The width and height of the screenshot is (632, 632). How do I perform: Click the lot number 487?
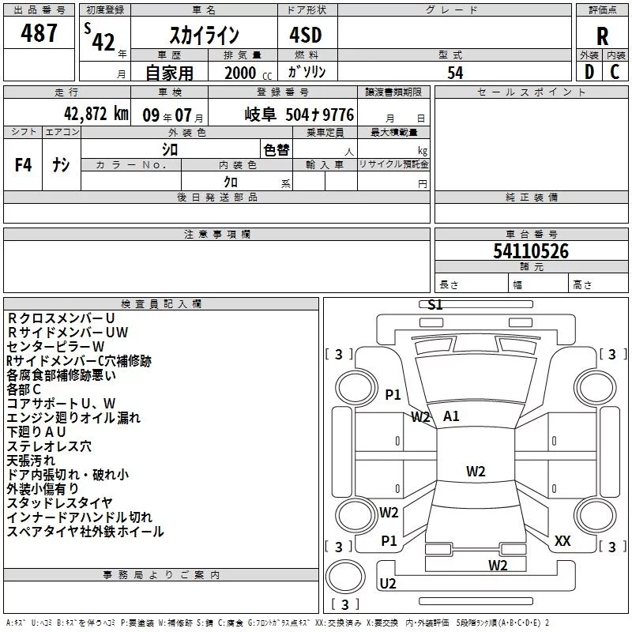point(39,32)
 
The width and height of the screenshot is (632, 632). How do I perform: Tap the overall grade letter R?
point(602,36)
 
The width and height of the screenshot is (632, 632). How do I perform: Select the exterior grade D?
point(589,72)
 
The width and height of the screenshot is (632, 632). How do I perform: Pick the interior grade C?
point(615,72)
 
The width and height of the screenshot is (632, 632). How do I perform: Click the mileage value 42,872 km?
point(96,114)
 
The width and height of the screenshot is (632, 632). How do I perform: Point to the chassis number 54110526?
point(531,251)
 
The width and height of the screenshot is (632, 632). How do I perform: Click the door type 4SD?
point(306,35)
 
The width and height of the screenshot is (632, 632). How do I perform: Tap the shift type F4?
point(23,164)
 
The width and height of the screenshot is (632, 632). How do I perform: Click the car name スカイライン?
point(205,35)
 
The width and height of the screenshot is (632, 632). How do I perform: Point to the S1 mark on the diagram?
point(435,305)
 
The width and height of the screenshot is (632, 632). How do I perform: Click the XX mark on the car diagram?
point(562,541)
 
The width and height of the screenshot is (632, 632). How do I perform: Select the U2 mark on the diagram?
point(388,583)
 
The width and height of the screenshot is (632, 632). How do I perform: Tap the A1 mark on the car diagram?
point(451,416)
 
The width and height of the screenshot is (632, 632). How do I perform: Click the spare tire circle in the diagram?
point(345,576)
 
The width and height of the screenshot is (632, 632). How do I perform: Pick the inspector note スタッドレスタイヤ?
point(59,503)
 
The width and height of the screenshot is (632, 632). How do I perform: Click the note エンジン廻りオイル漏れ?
point(73,418)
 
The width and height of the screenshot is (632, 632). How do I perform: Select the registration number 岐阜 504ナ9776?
point(299,115)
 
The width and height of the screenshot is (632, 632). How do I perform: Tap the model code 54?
point(455,73)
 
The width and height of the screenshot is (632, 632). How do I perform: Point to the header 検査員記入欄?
point(161,304)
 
